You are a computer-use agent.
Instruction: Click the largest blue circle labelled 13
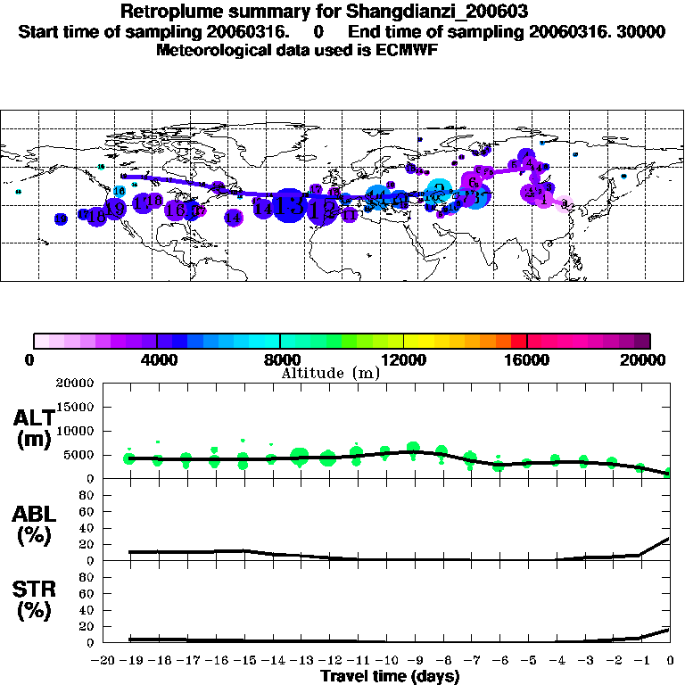(289, 206)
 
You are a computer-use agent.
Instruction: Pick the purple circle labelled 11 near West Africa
(350, 215)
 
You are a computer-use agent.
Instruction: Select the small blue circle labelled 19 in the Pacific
(61, 219)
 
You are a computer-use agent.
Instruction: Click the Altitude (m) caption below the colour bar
(330, 373)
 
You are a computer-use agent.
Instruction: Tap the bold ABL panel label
(33, 525)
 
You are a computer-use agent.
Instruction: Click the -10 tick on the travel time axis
(385, 660)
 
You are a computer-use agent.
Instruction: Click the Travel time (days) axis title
(389, 676)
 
